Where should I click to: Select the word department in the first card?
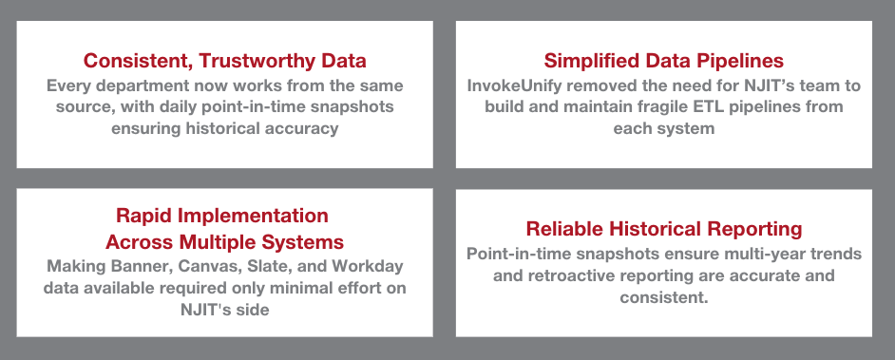pyautogui.click(x=131, y=86)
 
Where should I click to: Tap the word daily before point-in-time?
pyautogui.click(x=216, y=106)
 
